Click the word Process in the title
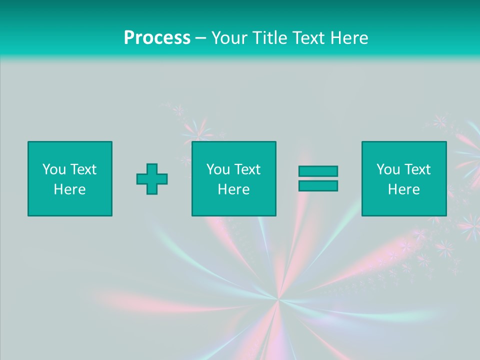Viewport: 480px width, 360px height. point(157,38)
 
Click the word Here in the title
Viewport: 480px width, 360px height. point(349,38)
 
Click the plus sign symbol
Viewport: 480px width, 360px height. point(152,179)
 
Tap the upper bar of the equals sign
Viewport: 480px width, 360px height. point(318,171)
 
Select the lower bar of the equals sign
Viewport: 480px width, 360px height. point(318,185)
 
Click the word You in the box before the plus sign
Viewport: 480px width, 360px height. point(54,169)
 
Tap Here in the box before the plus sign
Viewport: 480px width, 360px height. point(69,189)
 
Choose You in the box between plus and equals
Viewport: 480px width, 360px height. point(218,169)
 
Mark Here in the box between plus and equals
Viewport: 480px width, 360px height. point(233,189)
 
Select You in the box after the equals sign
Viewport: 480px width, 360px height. point(388,169)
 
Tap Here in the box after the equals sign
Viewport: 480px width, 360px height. point(403,189)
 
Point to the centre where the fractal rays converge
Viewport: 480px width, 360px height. point(278,299)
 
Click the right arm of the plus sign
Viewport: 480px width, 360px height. point(162,179)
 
